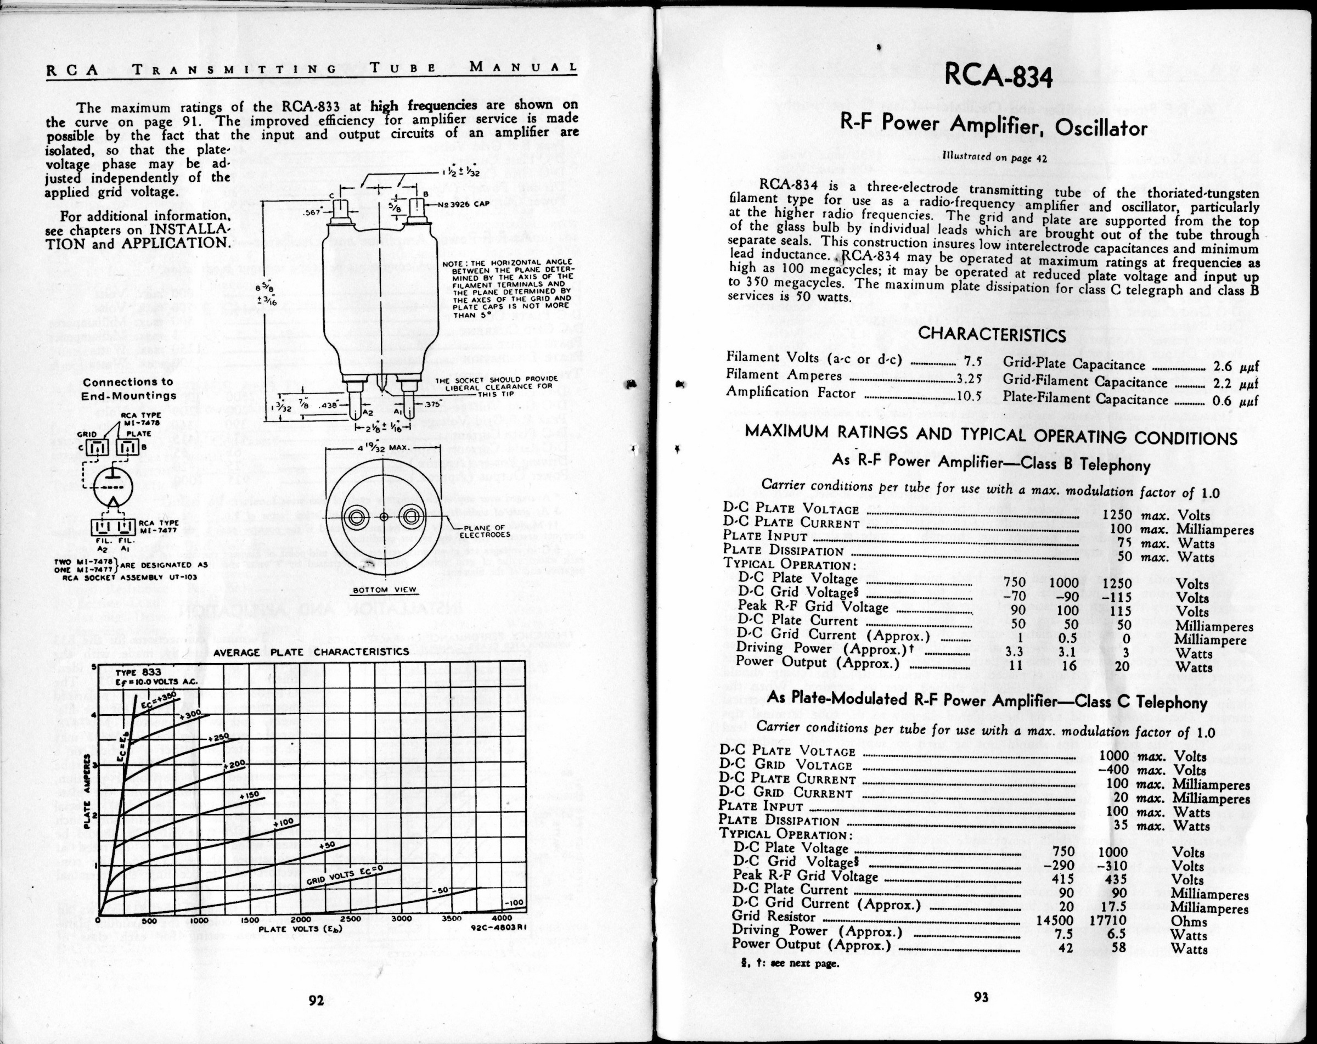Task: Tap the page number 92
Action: [316, 1000]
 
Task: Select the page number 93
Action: [981, 997]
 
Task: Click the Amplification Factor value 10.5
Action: [969, 395]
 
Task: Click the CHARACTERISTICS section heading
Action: [992, 334]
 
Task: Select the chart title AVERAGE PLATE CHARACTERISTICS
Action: [311, 652]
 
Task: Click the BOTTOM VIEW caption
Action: [385, 590]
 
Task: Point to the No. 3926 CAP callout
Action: [464, 204]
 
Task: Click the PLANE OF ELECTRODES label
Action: [481, 531]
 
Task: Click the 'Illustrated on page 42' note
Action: [994, 157]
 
